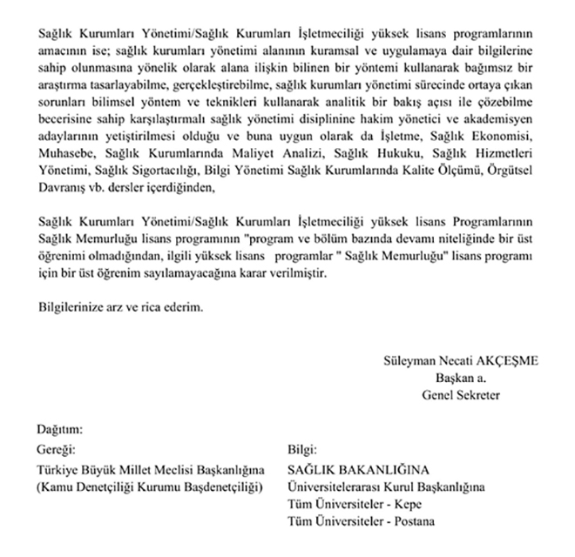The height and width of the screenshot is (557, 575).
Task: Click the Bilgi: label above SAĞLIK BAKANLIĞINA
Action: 301,452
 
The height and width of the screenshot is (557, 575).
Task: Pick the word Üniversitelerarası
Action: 335,487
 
